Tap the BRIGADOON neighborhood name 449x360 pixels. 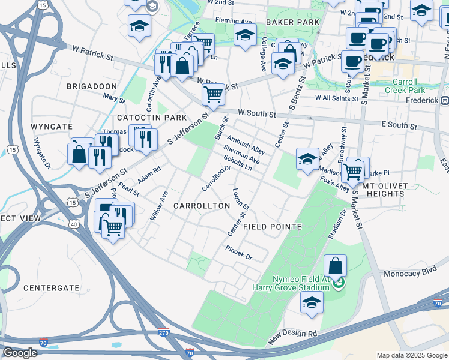pyautogui.click(x=92, y=86)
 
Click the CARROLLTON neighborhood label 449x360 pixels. pyautogui.click(x=202, y=206)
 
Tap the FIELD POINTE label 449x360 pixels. pyautogui.click(x=272, y=227)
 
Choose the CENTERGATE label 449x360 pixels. pyautogui.click(x=51, y=288)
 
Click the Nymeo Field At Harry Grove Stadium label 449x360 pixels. pyautogui.click(x=301, y=283)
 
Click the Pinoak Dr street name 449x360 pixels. pyautogui.click(x=238, y=252)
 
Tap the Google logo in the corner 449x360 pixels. pyautogui.click(x=20, y=353)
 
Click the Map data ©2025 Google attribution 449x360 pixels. pyautogui.click(x=411, y=355)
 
